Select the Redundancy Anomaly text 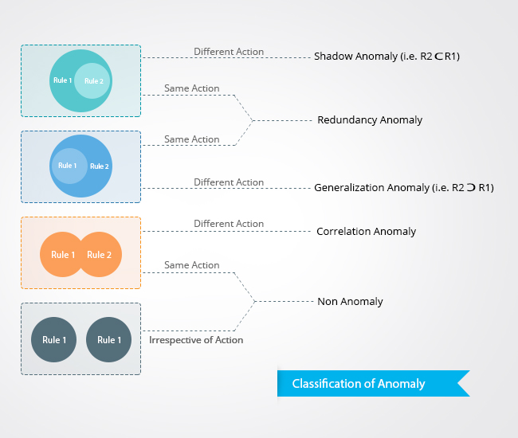coord(370,120)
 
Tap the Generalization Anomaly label coord(404,188)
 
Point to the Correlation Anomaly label coord(366,232)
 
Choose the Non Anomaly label coord(350,302)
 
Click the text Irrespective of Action coord(196,340)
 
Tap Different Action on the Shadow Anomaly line coord(229,52)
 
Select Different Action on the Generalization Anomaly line coord(229,182)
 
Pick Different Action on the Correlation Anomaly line coord(229,224)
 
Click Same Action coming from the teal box coord(191,88)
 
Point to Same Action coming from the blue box coord(191,139)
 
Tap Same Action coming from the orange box coord(191,265)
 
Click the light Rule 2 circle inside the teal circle coord(93,81)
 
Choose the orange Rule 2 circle coord(100,255)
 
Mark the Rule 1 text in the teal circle coord(62,80)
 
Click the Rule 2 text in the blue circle coord(100,166)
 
